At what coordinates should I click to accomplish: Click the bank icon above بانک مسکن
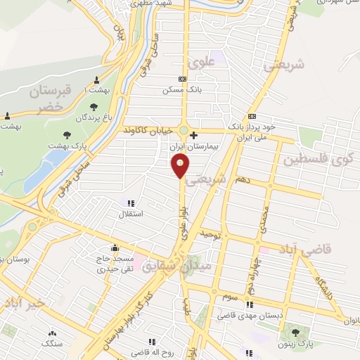point(182,79)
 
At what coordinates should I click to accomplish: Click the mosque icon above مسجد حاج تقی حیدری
point(115,247)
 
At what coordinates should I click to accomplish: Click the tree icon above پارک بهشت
point(67,134)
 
